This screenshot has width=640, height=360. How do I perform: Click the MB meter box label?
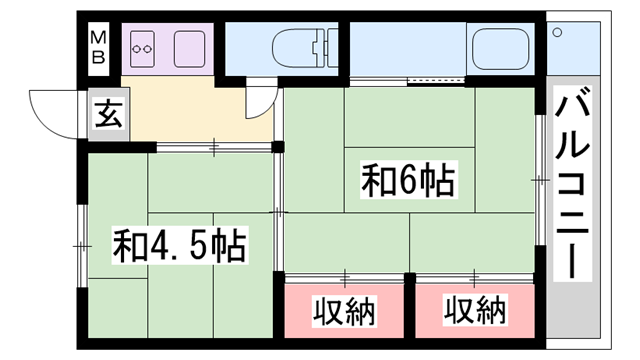pyautogui.click(x=100, y=46)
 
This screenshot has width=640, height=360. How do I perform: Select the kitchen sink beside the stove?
pyautogui.click(x=188, y=46)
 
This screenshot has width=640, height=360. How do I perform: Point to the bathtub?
pyautogui.click(x=505, y=46)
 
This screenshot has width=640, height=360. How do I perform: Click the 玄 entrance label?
pyautogui.click(x=106, y=114)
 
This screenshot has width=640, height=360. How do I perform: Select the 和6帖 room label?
pyautogui.click(x=408, y=182)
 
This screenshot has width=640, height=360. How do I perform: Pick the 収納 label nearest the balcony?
pyautogui.click(x=475, y=311)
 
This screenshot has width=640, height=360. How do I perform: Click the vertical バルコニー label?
pyautogui.click(x=571, y=184)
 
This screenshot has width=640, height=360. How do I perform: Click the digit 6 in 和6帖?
pyautogui.click(x=408, y=182)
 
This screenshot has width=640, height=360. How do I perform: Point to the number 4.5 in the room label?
pyautogui.click(x=179, y=244)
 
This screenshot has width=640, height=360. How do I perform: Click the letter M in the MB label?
pyautogui.click(x=100, y=37)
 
